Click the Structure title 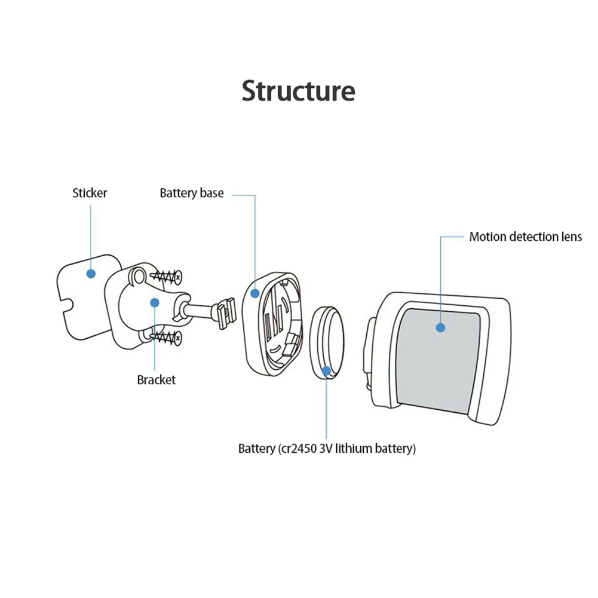tap(299, 91)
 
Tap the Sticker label tap(90, 193)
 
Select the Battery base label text tap(191, 193)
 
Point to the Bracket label tap(157, 380)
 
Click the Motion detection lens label tap(526, 237)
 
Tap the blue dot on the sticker tap(91, 274)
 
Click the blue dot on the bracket tap(155, 303)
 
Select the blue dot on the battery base tap(255, 293)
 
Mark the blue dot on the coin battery tap(326, 371)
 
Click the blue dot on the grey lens tap(440, 327)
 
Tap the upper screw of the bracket tap(166, 277)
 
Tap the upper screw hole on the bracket tap(137, 275)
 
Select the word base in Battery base tap(211, 193)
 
